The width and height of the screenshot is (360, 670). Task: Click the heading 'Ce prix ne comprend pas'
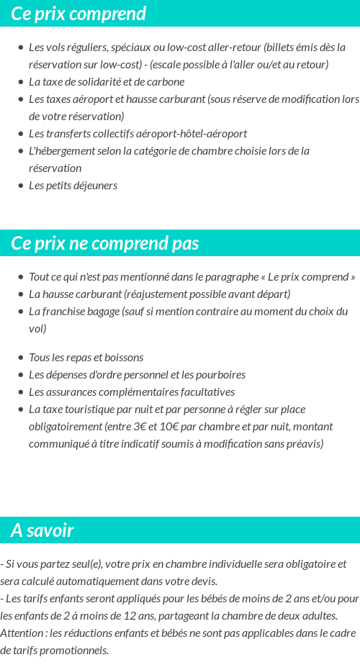[x=105, y=243]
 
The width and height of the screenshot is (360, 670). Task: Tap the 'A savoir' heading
[x=42, y=530]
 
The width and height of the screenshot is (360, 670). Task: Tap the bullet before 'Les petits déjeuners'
[x=20, y=186]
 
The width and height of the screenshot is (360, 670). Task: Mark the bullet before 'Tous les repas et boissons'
[x=20, y=358]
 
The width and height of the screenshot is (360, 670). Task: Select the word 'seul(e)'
[x=75, y=564]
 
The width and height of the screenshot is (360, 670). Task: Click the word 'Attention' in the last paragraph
[x=21, y=633]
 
